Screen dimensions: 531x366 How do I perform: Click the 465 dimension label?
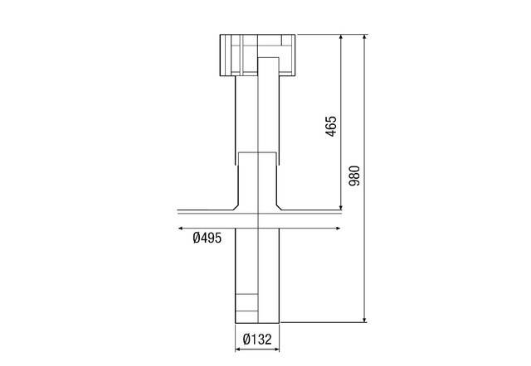point(331,126)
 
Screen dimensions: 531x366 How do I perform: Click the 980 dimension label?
point(354,176)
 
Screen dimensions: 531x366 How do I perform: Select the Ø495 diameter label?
point(207,238)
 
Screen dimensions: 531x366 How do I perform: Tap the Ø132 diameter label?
point(257,340)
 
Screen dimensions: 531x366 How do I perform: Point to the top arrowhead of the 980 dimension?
point(365,36)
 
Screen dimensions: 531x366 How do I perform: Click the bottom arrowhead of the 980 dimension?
point(365,320)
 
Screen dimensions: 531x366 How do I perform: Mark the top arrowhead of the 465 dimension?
point(341,36)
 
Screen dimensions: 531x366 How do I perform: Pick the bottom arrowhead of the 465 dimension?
point(341,207)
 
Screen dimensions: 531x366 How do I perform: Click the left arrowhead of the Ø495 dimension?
point(181,229)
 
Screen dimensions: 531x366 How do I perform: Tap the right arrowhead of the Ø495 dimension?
point(338,229)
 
